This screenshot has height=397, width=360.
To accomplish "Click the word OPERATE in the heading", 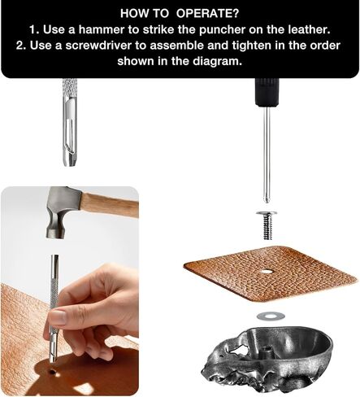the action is (207, 13).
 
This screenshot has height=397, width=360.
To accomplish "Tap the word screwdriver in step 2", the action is (98, 46).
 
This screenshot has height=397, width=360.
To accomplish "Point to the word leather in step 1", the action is (309, 29).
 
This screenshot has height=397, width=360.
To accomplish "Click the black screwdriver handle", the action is (266, 91).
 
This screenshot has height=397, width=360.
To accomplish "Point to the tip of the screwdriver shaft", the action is (267, 201).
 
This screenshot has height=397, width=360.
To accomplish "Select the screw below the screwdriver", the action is (267, 225).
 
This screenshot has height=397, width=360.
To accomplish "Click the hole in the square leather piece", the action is (266, 271).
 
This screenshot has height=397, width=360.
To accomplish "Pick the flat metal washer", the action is (271, 316).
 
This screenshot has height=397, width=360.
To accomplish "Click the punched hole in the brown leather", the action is (52, 371).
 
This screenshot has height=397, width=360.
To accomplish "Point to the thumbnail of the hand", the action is (58, 317).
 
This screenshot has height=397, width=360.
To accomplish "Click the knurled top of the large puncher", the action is (69, 87).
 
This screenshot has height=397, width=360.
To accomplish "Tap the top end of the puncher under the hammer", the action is (54, 256).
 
